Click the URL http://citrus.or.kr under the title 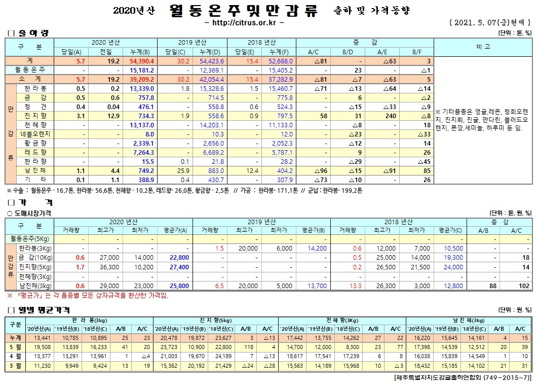click(244, 23)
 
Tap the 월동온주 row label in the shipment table click(30, 70)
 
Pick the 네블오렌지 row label click(37, 134)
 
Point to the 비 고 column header click(483, 47)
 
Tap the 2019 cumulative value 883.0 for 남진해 click(215, 170)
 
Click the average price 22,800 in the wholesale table click(179, 258)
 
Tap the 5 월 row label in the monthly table click(15, 347)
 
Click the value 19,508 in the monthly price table click(42, 347)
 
